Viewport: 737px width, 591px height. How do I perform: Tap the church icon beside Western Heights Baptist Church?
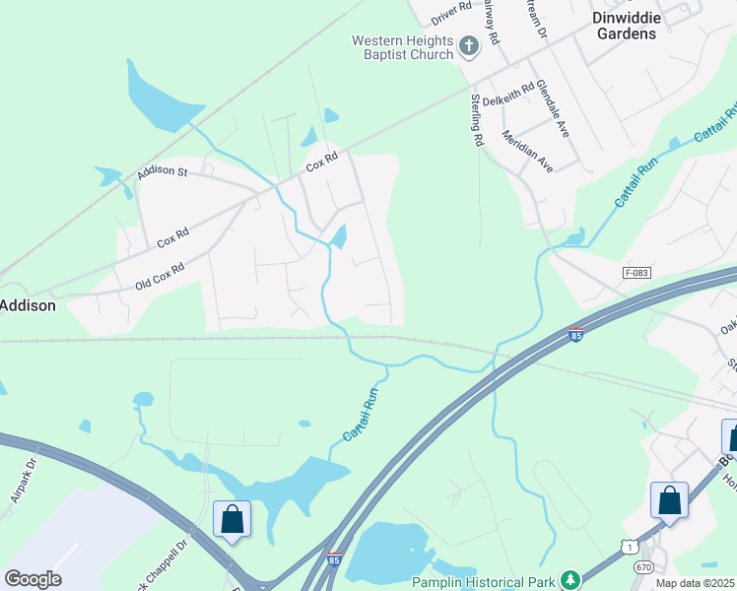point(469,43)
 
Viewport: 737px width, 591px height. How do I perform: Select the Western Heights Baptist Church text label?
point(403,47)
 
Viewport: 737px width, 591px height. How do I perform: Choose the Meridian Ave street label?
point(527,152)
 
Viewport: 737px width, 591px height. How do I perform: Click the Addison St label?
point(163,172)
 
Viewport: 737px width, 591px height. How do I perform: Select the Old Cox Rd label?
point(160,277)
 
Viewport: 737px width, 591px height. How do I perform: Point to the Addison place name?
point(27,305)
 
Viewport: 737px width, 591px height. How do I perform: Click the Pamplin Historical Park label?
point(483,582)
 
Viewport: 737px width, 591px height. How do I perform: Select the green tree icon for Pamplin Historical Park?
point(569,580)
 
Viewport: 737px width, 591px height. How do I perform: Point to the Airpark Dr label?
point(24,481)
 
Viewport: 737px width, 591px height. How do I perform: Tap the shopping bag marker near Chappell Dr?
point(232,519)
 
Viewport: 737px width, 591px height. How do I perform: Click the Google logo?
point(33,579)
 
